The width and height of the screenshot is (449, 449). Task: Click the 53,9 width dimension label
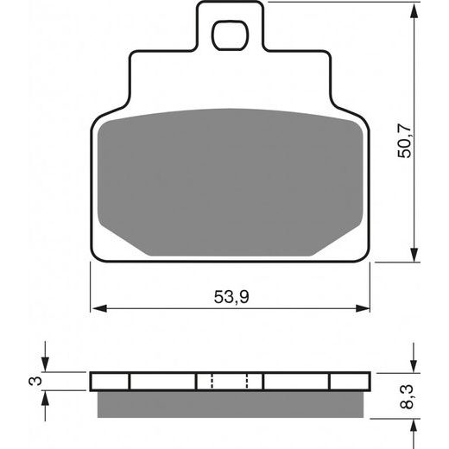click(231, 297)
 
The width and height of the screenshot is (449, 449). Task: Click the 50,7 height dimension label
click(404, 141)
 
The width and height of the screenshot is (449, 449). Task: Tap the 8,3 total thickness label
click(407, 396)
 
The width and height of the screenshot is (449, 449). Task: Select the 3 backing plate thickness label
click(35, 382)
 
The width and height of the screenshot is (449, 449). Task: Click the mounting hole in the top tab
click(230, 35)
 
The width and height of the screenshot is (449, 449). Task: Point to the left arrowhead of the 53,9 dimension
click(100, 308)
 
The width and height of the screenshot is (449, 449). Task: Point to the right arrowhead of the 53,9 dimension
click(363, 308)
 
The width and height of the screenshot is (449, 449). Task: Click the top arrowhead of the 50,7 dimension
click(414, 11)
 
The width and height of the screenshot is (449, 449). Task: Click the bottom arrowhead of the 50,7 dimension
click(414, 254)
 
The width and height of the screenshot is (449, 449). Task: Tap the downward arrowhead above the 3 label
click(45, 364)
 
